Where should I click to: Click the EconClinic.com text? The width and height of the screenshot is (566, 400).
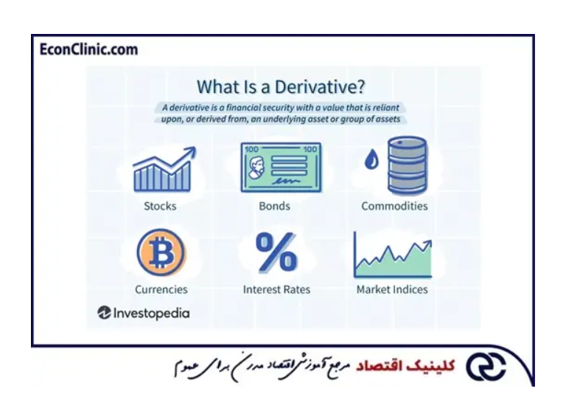coord(88,50)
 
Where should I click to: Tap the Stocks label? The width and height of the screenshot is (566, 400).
coord(160,206)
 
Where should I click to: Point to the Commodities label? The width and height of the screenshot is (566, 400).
coord(394,206)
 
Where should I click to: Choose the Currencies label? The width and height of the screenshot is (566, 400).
coord(161,289)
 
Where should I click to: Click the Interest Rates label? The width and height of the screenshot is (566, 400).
coord(276,289)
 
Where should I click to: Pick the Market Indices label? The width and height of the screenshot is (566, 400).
coord(392,289)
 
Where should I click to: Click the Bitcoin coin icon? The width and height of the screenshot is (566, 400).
coord(161,253)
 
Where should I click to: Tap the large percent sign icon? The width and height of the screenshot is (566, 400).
coord(276,252)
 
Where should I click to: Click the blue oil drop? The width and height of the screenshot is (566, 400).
coord(371,159)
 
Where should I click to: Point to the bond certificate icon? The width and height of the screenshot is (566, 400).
coord(281,168)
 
